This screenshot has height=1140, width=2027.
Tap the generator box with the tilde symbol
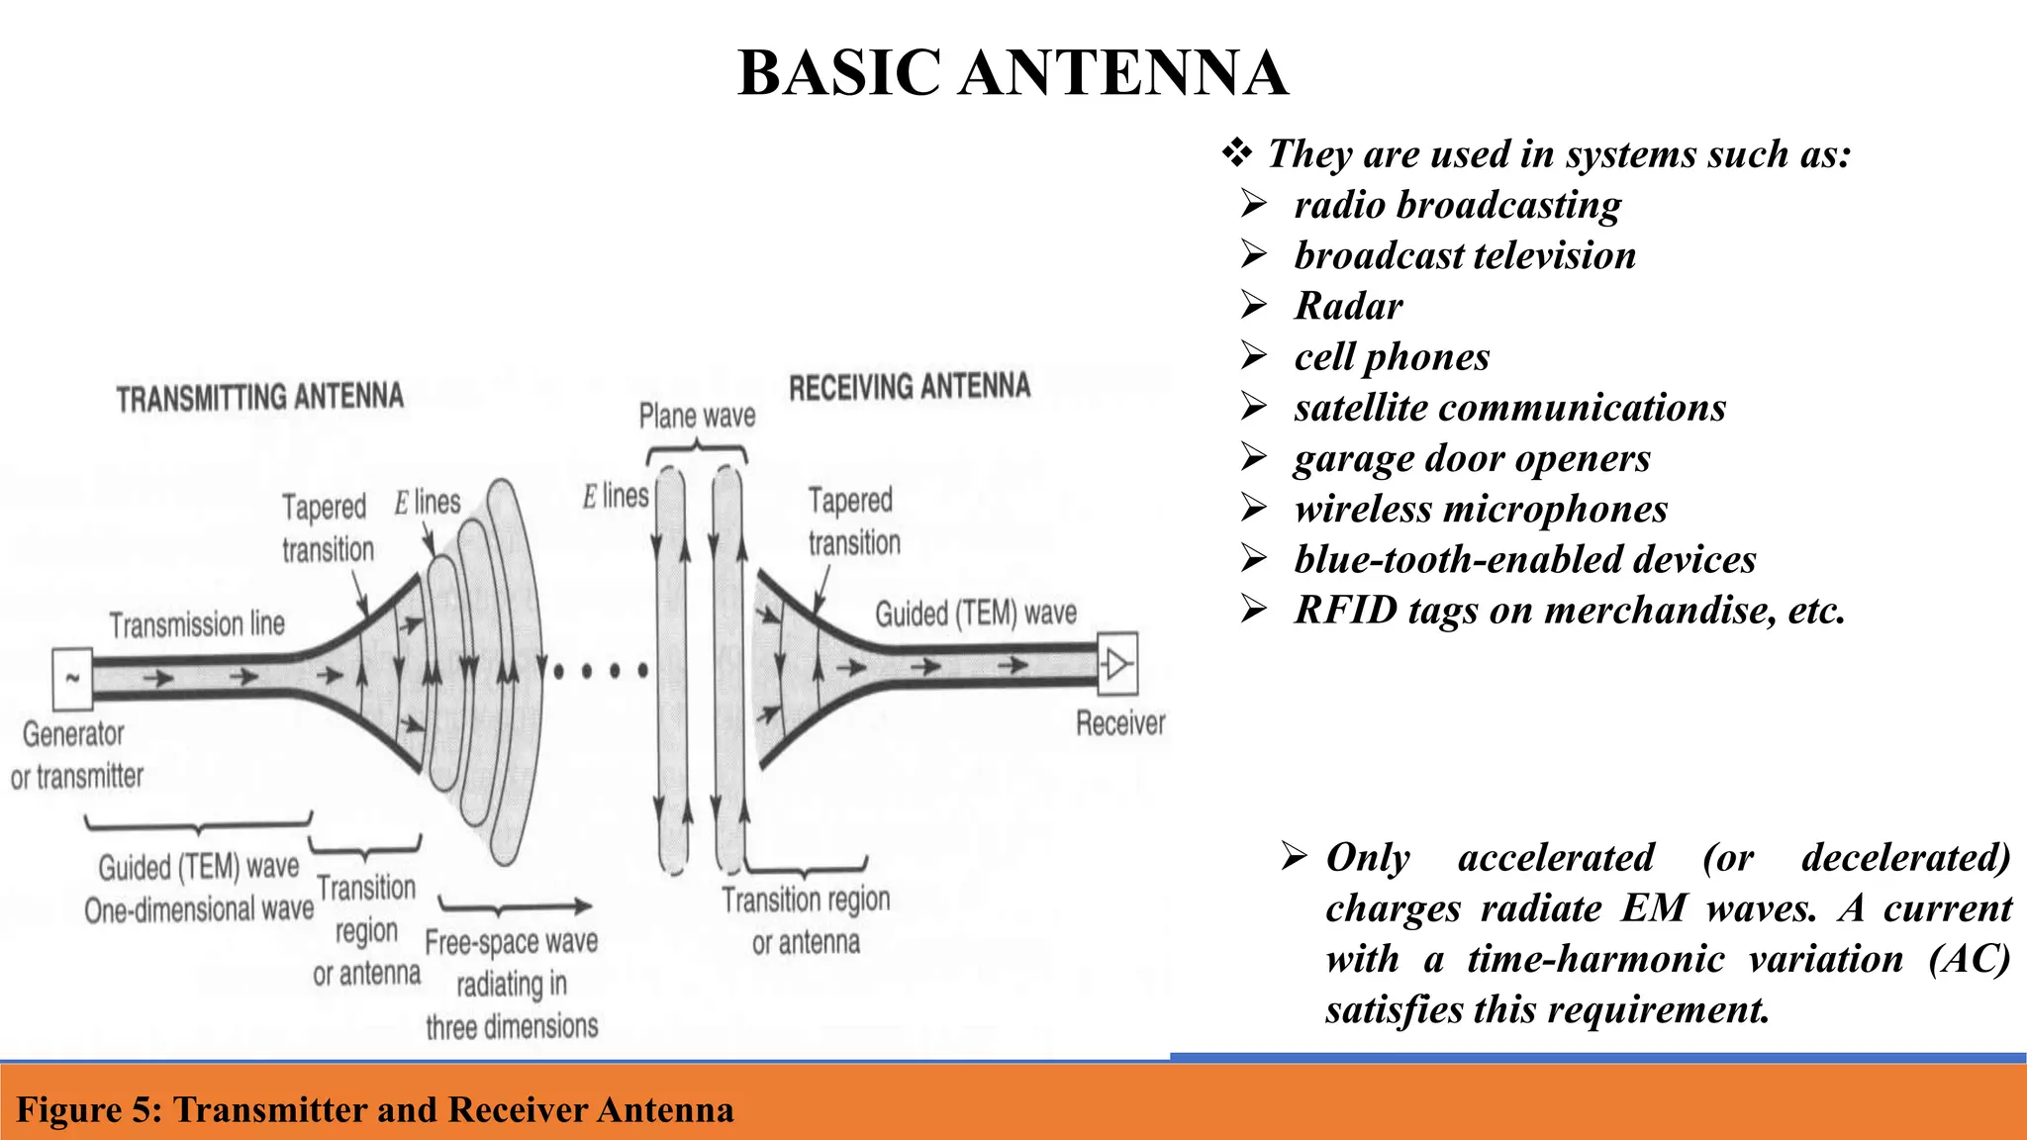(x=72, y=679)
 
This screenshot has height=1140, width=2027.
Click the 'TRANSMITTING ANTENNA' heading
(x=260, y=398)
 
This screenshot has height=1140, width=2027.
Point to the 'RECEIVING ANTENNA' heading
(x=910, y=387)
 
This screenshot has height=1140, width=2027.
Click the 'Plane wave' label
(x=697, y=417)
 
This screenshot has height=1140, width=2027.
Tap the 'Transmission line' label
(x=197, y=624)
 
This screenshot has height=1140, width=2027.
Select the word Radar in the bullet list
(x=1348, y=306)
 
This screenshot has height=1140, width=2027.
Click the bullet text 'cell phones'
(x=1392, y=356)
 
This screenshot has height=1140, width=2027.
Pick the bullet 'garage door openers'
(x=1472, y=458)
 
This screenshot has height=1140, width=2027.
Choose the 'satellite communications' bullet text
(x=1509, y=408)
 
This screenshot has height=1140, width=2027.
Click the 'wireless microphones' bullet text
(x=1481, y=509)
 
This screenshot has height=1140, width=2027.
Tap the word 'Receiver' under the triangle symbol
(x=1120, y=723)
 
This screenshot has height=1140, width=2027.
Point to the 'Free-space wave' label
(x=511, y=941)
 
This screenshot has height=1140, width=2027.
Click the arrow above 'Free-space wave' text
(x=516, y=905)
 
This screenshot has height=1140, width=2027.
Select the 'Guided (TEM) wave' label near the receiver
(x=976, y=614)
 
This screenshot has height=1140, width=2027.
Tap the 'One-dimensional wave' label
(x=198, y=909)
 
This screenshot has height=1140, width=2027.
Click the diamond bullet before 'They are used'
(x=1236, y=153)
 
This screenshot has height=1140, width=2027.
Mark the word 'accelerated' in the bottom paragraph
(x=1555, y=857)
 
